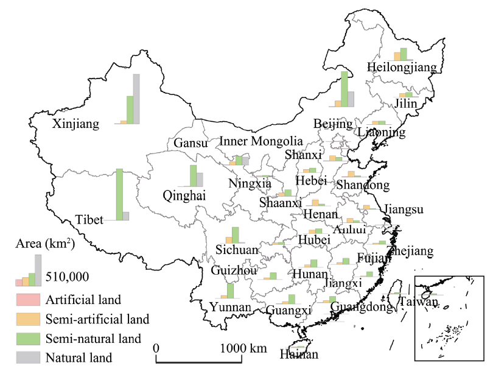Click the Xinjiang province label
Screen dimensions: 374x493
click(75, 124)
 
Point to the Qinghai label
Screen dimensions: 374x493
click(184, 196)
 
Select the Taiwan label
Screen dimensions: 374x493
click(419, 302)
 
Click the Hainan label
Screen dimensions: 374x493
click(299, 355)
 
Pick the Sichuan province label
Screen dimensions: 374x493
click(237, 250)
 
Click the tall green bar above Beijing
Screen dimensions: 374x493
click(344, 90)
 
